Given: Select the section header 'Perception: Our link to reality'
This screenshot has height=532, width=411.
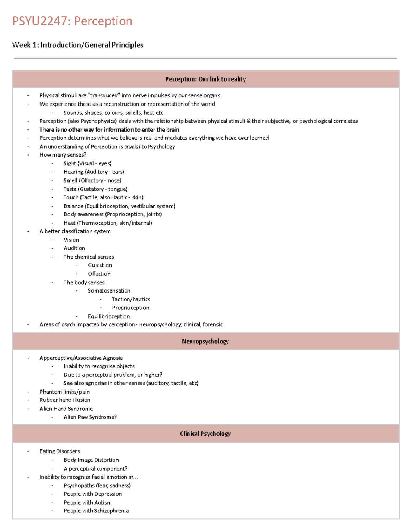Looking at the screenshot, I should pos(206,79).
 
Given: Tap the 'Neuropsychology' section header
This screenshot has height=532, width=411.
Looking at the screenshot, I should pos(206,341).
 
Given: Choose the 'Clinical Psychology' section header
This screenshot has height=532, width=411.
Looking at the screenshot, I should pos(206,434).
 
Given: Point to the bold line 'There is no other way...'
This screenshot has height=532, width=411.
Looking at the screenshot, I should pos(109,129).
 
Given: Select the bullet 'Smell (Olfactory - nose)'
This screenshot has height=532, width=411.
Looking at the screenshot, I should pos(92,181).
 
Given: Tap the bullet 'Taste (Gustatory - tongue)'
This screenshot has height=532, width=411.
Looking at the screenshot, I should pos(95,189).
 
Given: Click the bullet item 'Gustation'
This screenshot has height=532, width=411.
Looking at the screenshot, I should pos(100,265).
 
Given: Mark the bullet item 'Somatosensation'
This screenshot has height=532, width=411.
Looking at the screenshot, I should pos(109,291).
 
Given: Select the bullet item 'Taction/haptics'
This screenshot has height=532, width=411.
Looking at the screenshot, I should pos(131,299).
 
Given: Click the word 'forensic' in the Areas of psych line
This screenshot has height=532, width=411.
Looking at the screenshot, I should pos(213,324).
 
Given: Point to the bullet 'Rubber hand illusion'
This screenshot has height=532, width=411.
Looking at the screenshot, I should pos(65,400).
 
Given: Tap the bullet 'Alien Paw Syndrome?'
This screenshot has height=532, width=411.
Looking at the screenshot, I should pos(90,417).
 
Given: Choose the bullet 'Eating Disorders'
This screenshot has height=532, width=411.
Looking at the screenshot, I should pos(60,451).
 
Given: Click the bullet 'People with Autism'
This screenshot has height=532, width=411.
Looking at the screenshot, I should pos(87,503).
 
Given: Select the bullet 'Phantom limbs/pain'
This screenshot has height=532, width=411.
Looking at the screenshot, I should pos(64,392).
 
